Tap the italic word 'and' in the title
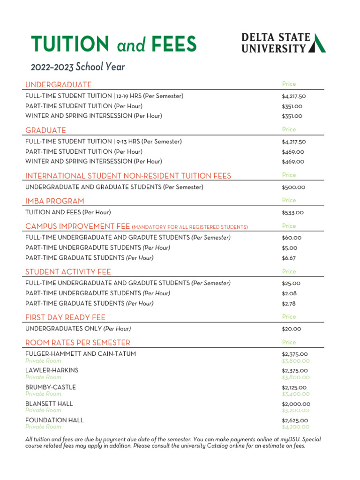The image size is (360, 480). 131,45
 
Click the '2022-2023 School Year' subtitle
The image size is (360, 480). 78,67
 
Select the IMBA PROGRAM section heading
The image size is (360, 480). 55,201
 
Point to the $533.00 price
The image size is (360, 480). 293,213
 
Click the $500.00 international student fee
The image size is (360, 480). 293,187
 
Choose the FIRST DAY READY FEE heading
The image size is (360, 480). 65,318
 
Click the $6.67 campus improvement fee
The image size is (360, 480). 289,258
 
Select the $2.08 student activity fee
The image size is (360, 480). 289,293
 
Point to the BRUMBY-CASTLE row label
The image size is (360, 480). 51,387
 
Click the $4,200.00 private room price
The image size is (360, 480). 296,427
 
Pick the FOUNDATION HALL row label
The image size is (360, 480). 55,420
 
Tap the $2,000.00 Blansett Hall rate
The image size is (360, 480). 296,404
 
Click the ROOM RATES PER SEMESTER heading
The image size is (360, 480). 78,343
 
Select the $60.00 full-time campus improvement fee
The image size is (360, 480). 292,238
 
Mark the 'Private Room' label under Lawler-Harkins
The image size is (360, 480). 43,377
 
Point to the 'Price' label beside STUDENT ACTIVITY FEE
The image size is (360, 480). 289,271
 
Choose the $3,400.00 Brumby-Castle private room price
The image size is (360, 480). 296,394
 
